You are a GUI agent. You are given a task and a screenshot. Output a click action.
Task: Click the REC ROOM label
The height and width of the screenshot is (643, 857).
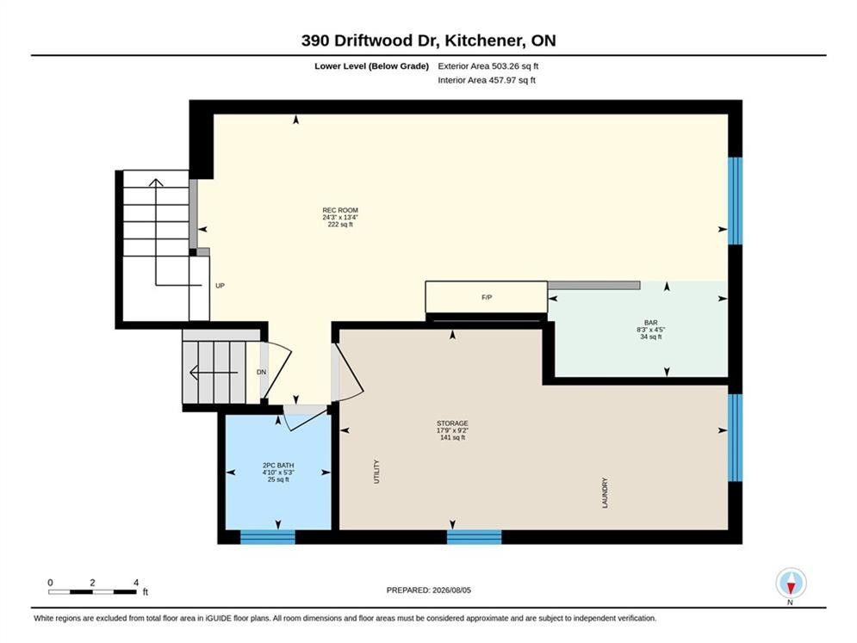click(340, 210)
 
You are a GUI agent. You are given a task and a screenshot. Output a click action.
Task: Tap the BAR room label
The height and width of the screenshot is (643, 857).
click(650, 323)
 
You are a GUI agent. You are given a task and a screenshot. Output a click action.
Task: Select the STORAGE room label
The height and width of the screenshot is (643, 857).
click(452, 424)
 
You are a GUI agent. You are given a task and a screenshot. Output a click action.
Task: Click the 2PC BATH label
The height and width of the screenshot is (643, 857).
click(278, 466)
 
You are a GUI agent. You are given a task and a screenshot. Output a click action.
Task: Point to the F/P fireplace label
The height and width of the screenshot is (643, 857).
click(487, 297)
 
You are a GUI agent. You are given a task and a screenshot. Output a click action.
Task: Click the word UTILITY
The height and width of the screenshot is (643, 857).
click(376, 472)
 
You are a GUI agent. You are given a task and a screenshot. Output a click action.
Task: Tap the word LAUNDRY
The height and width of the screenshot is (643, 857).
click(605, 492)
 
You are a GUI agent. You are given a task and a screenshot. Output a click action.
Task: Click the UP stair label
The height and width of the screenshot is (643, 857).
click(220, 286)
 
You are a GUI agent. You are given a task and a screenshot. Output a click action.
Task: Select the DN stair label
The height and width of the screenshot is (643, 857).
click(261, 372)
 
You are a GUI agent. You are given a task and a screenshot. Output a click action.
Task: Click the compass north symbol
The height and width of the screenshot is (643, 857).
click(791, 584)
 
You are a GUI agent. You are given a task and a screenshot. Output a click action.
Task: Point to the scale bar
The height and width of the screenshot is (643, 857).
click(92, 591)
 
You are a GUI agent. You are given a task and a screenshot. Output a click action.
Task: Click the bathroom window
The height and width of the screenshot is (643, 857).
click(268, 537)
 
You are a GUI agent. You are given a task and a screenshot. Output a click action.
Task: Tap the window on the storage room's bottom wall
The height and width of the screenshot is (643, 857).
click(474, 537)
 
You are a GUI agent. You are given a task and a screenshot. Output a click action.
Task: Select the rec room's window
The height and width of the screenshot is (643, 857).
click(735, 201)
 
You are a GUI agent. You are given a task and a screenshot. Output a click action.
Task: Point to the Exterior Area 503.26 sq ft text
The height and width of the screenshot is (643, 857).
click(488, 66)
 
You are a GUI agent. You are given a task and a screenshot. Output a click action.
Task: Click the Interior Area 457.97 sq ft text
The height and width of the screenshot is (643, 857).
click(487, 80)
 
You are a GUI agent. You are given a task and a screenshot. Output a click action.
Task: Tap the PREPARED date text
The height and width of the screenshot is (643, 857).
click(429, 590)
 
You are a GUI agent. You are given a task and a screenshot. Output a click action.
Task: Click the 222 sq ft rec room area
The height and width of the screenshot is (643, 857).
click(340, 225)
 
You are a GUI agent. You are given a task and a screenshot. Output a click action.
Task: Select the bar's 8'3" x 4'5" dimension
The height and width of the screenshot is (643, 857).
click(650, 330)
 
